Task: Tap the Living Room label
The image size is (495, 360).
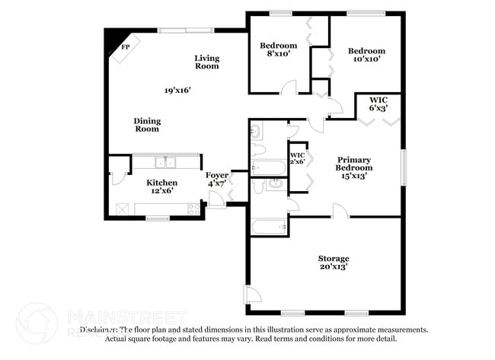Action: coord(206,62)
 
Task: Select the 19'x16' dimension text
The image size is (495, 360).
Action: coord(177,90)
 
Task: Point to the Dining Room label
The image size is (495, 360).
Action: coord(147,125)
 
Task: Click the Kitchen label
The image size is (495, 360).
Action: coord(162,183)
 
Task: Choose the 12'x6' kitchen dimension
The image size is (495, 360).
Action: coord(162,192)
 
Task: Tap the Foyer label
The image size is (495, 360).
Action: coord(217,175)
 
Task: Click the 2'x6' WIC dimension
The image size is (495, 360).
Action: coord(297,162)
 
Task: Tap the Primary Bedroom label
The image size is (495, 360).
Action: coord(355,163)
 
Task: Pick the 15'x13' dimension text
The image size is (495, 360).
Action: coord(355,176)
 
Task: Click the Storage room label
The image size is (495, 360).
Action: coord(334,259)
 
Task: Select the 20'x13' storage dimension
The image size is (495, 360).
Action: coord(334,268)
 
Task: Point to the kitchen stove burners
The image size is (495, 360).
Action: coord(195,207)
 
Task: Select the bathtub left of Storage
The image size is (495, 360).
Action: coord(269,226)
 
